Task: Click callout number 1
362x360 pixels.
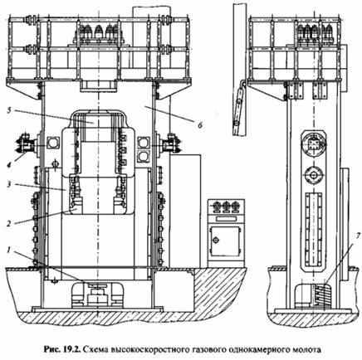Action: point(9,251)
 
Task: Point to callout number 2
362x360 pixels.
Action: point(9,223)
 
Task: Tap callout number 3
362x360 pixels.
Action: point(9,184)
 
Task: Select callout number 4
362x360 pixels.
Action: point(9,165)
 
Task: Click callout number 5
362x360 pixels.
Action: point(9,110)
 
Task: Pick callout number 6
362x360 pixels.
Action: point(200,125)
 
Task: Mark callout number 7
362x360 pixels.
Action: point(359,236)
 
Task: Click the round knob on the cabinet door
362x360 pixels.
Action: point(217,240)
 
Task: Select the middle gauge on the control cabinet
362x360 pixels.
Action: point(226,206)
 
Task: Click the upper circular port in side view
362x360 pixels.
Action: point(314,144)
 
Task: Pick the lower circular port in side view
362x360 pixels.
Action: point(314,175)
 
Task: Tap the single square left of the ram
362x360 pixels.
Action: point(52,143)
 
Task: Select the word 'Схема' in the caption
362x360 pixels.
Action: point(95,349)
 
